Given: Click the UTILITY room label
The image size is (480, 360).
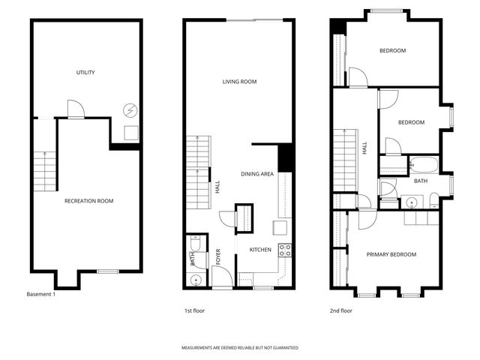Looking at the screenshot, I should click(x=85, y=73).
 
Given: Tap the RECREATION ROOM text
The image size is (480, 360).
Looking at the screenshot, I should click(x=88, y=201).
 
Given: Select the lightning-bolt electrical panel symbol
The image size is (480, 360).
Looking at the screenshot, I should click(x=130, y=110).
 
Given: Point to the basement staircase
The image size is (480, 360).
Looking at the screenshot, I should click(x=46, y=169).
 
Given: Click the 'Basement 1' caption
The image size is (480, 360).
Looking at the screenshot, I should click(x=40, y=294).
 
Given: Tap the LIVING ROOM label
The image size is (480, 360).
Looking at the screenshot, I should click(x=239, y=81).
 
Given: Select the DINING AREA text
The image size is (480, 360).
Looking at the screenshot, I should click(x=256, y=174).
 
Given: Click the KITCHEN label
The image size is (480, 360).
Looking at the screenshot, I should click(x=259, y=249).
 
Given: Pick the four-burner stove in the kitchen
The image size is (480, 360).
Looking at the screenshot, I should click(x=285, y=249).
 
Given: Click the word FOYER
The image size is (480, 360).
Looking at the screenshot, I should click(x=218, y=257).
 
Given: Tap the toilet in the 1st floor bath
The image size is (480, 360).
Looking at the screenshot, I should click(x=195, y=244).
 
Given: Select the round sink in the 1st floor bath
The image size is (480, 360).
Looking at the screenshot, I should click(x=195, y=280).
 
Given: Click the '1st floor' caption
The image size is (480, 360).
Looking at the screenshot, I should click(x=194, y=310).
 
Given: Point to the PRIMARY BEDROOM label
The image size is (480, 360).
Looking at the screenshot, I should click(x=391, y=254).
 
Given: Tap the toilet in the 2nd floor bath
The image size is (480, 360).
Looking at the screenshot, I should click(x=433, y=199).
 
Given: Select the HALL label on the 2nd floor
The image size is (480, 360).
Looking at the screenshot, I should click(x=365, y=148).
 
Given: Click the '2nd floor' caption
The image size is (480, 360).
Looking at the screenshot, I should click(x=340, y=310).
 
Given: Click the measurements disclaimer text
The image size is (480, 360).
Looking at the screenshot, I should click(x=239, y=348).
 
